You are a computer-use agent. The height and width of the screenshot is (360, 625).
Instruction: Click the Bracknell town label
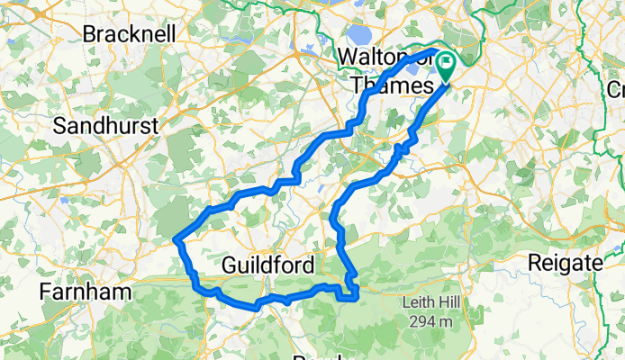[x=133, y=34]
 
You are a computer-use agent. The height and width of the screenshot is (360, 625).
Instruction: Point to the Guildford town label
[x=267, y=266]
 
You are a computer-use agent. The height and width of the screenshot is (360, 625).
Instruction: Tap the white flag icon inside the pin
[x=447, y=66]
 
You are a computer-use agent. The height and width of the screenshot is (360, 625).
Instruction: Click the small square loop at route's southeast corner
[x=351, y=291]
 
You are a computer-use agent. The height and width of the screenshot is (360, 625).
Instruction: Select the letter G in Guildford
[x=229, y=266]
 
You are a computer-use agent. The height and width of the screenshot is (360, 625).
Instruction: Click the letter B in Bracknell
[x=90, y=34]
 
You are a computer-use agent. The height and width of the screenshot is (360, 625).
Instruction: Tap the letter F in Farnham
[x=45, y=292]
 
